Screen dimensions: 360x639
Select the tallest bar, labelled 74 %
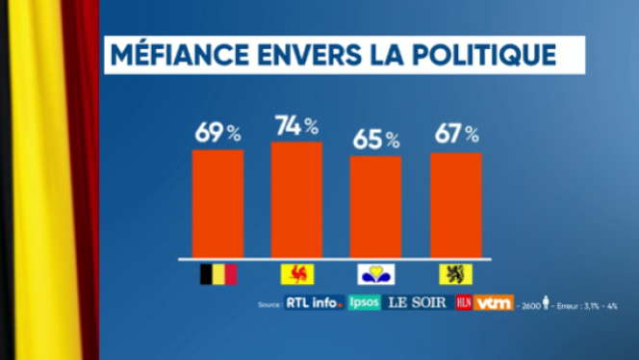296,200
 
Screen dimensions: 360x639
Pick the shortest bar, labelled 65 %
375,207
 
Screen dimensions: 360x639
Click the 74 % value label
296,125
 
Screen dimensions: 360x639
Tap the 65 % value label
375,140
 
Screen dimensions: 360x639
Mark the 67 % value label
455,135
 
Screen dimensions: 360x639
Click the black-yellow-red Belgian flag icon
217,275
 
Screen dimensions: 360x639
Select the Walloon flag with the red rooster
296,275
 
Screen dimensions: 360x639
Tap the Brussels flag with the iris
375,275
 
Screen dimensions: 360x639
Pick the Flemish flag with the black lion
456,275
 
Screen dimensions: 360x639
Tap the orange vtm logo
495,303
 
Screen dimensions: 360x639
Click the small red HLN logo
463,303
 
